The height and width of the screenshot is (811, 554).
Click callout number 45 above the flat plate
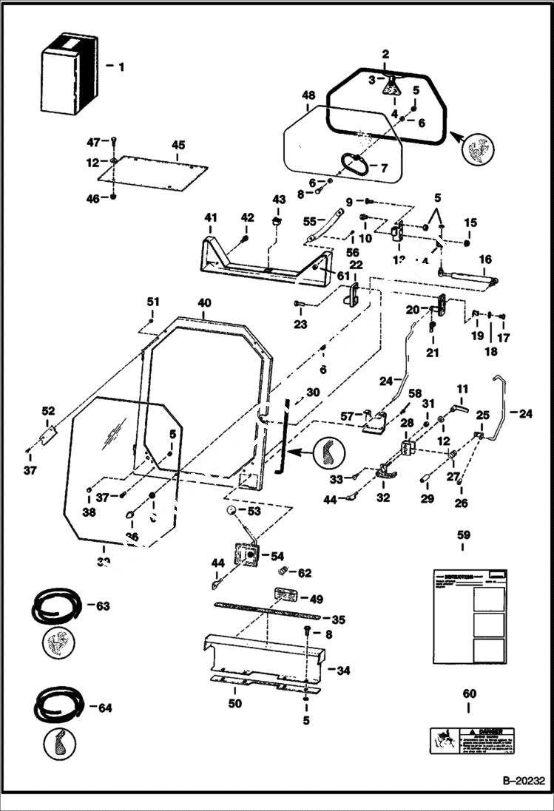pos(178,146)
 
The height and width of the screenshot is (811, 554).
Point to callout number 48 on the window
pos(308,95)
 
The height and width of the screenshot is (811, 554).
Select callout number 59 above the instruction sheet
pos(463,534)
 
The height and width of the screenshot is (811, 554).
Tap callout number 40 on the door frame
pos(204,303)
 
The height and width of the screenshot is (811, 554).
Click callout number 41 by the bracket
pos(212,217)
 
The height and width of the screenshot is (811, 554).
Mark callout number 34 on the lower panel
pos(342,671)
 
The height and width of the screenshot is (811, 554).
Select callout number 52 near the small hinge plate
pos(48,411)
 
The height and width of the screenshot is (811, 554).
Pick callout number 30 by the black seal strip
pos(313,393)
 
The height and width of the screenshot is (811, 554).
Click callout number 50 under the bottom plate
pos(234,703)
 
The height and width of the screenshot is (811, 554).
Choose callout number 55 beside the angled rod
pos(310,220)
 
